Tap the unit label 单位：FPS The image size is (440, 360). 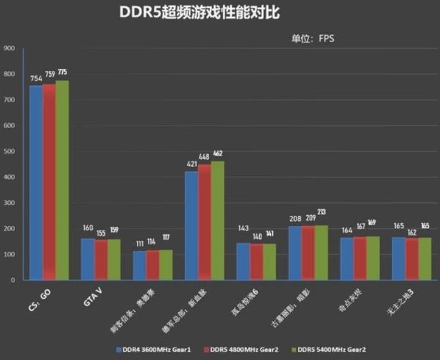point(313,38)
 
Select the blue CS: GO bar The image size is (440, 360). point(36,182)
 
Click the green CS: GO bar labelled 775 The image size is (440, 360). point(62,180)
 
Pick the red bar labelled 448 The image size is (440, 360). point(205,222)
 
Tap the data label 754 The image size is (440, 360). point(36,79)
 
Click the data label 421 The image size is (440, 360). point(191,164)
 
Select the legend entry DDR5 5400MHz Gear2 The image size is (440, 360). point(327,350)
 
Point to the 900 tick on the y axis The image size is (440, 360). point(9,48)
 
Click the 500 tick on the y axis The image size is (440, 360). point(9,151)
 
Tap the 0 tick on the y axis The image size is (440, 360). point(12,280)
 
